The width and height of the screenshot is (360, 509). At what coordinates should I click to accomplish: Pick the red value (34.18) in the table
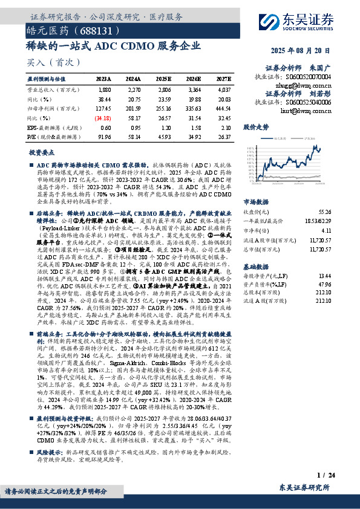(x=103, y=118)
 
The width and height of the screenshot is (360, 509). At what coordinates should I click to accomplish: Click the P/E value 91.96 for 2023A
(x=103, y=137)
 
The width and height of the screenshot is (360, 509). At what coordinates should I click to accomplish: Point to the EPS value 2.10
(x=225, y=128)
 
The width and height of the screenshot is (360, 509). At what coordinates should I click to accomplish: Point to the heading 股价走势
(x=255, y=128)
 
